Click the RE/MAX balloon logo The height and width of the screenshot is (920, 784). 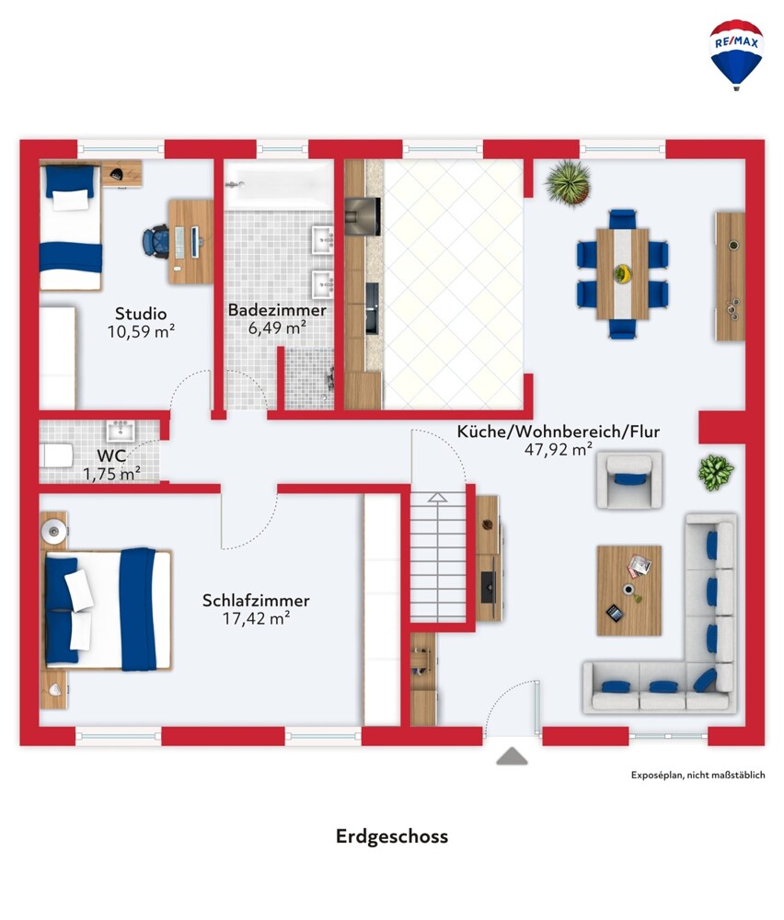(x=736, y=54)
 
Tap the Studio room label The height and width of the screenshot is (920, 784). (x=141, y=314)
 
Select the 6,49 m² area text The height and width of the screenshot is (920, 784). (x=277, y=328)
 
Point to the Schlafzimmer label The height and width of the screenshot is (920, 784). (x=256, y=600)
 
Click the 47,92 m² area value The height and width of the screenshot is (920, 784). (x=559, y=450)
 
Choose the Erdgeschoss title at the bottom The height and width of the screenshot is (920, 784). (x=392, y=836)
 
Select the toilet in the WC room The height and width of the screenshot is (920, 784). (x=56, y=455)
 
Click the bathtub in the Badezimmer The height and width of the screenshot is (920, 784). (x=280, y=184)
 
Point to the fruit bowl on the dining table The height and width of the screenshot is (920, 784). (x=623, y=273)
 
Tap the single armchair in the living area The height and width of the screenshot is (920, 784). (x=629, y=479)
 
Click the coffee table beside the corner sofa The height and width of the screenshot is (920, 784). (x=629, y=591)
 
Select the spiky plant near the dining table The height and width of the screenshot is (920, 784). (x=568, y=183)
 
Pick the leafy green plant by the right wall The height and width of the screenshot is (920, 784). (x=716, y=472)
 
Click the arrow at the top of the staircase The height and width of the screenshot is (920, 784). (x=437, y=498)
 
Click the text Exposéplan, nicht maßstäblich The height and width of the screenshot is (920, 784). (x=698, y=775)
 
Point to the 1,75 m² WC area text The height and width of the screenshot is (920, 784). (x=111, y=474)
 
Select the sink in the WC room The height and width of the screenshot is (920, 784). (x=121, y=431)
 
